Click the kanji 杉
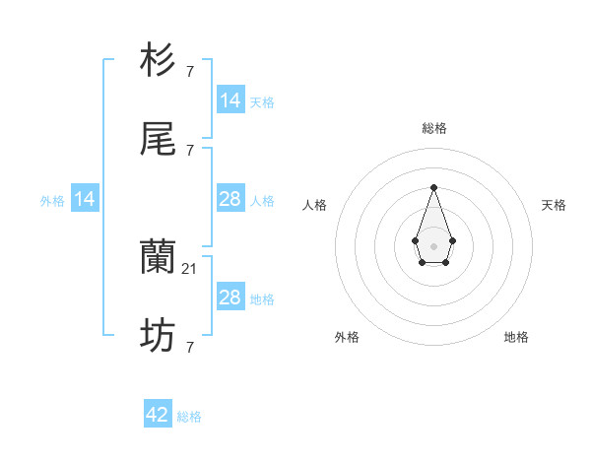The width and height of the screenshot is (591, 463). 159,61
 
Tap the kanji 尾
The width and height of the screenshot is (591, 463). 159,141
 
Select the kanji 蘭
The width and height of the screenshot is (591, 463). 159,259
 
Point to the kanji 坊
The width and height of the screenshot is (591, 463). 159,338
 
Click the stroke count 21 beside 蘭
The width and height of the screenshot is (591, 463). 191,268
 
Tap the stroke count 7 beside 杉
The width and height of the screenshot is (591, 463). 189,71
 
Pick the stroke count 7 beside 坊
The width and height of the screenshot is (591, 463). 189,347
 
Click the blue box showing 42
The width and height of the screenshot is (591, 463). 158,415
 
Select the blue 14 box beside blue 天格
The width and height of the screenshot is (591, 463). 230,100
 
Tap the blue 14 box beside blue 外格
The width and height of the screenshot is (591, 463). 85,199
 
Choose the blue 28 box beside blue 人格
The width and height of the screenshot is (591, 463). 230,199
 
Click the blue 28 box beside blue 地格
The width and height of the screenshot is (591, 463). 230,298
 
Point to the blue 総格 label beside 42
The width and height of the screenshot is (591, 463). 189,417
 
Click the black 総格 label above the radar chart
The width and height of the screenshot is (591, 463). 433,128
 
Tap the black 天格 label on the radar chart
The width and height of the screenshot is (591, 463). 554,205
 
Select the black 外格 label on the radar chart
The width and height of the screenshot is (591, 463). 347,337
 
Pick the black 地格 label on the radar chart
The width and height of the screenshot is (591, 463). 516,337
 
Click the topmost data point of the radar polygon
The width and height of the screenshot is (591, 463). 433,187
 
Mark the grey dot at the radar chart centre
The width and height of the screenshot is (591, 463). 433,245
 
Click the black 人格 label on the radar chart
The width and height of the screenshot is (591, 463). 314,205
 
